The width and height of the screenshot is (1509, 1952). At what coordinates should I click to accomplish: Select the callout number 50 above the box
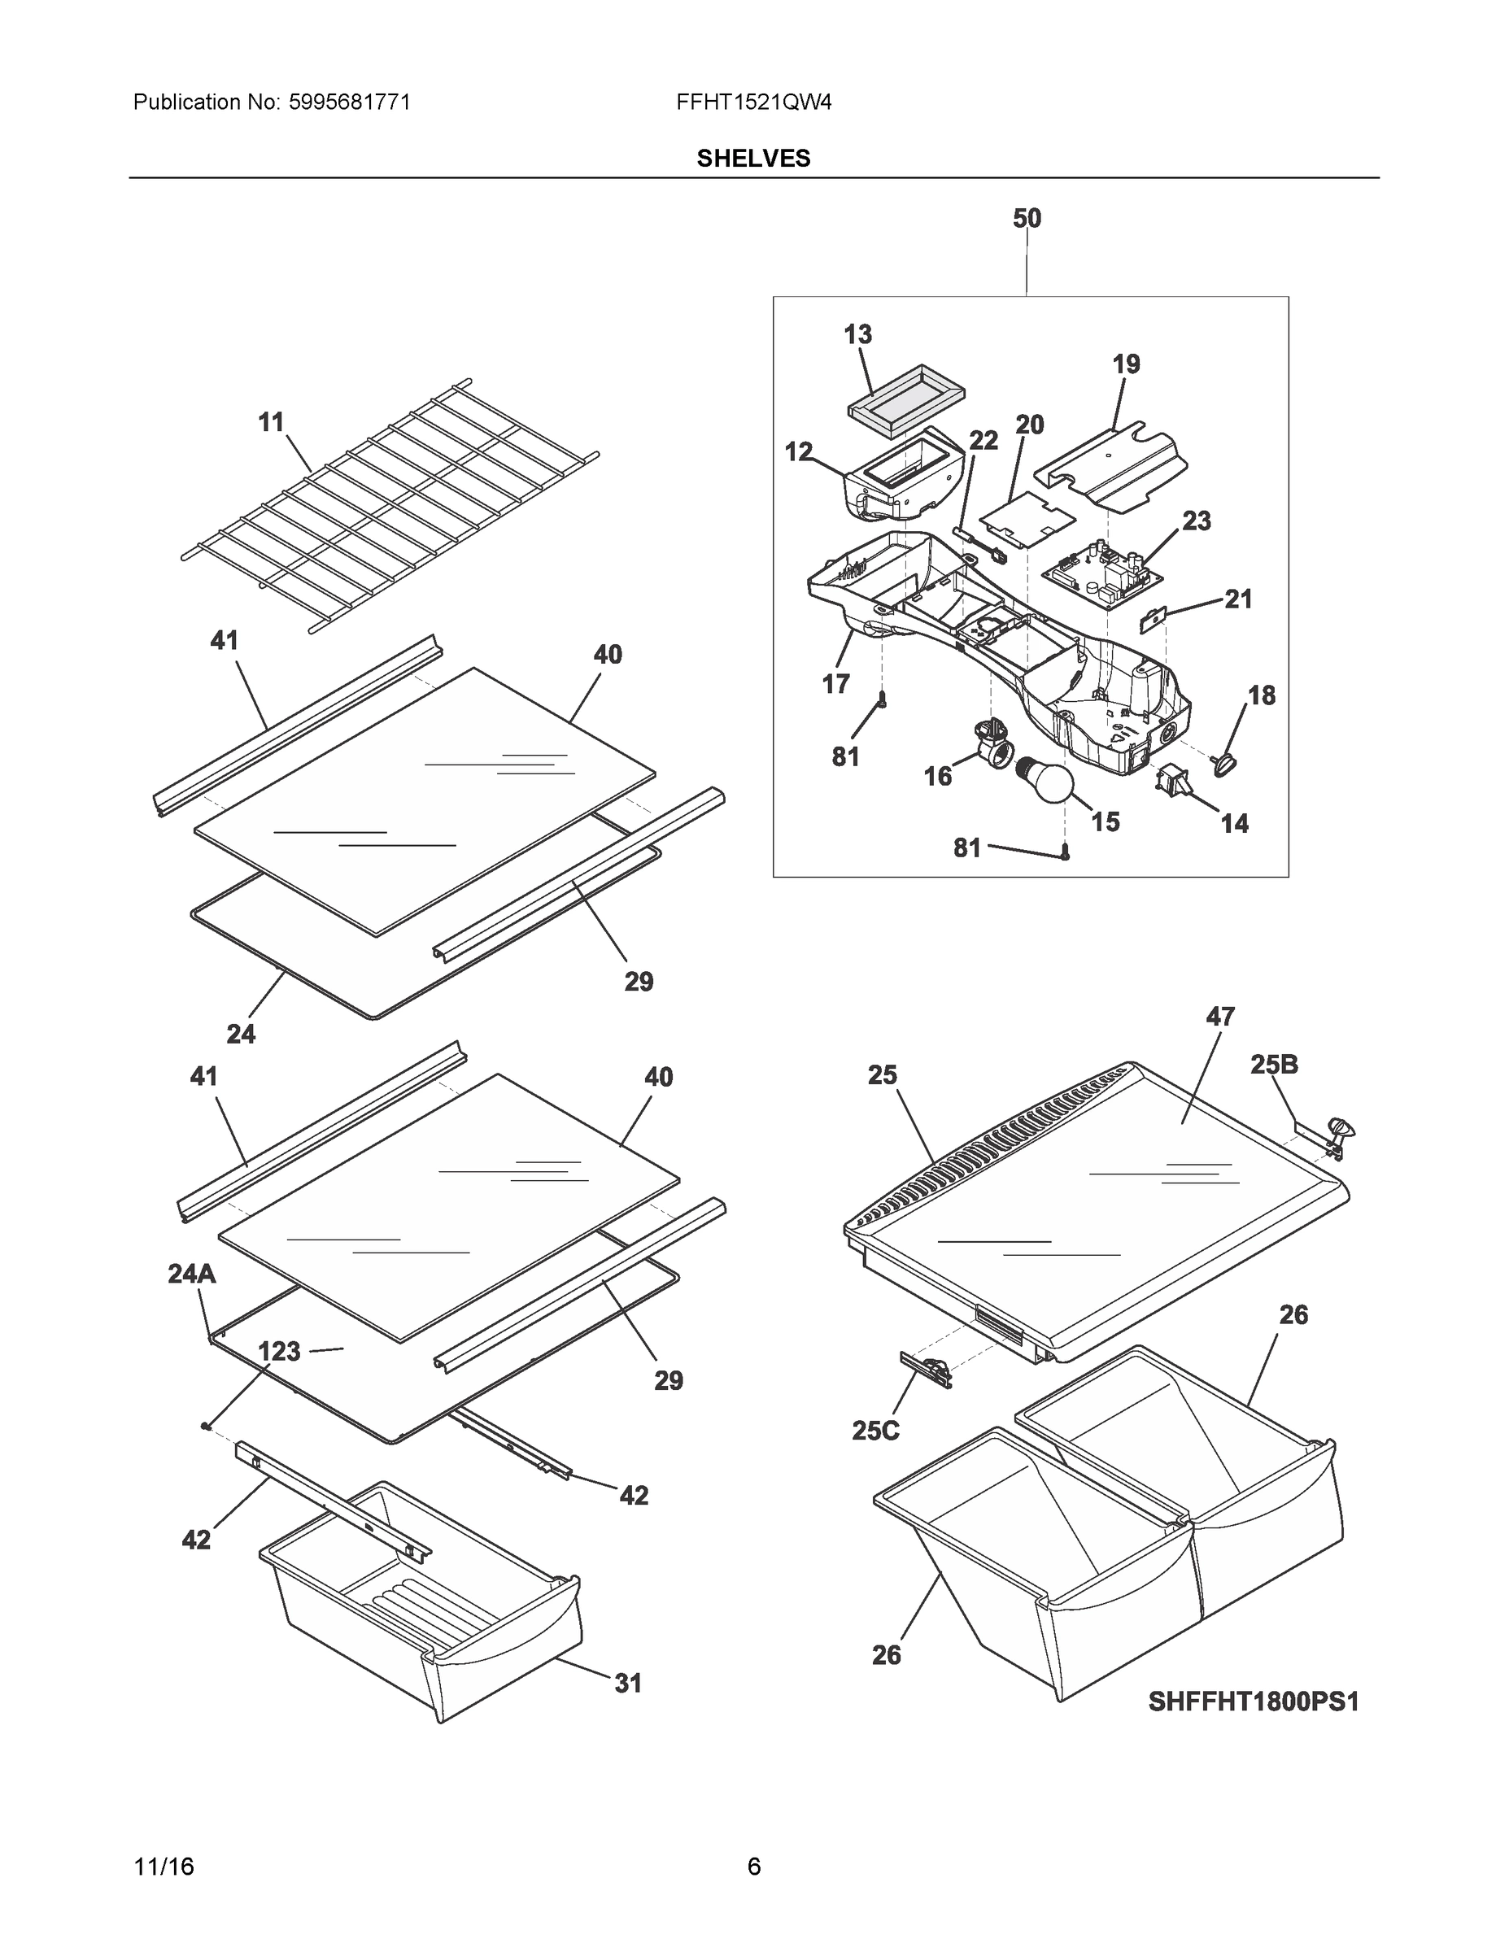click(x=1027, y=218)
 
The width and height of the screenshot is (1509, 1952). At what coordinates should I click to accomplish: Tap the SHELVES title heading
click(x=752, y=159)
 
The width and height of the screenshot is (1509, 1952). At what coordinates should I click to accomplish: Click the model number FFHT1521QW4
click(x=753, y=102)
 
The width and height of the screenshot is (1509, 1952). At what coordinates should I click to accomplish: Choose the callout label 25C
click(x=875, y=1430)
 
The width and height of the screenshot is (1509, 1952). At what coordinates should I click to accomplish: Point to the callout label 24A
click(x=191, y=1274)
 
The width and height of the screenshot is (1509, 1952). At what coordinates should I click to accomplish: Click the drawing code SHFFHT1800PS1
click(x=1253, y=1701)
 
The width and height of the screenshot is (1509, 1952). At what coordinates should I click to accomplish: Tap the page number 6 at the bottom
click(x=753, y=1867)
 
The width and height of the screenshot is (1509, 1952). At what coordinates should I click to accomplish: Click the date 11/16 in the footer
click(x=164, y=1867)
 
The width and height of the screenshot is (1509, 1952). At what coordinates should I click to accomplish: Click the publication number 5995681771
click(x=350, y=102)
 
